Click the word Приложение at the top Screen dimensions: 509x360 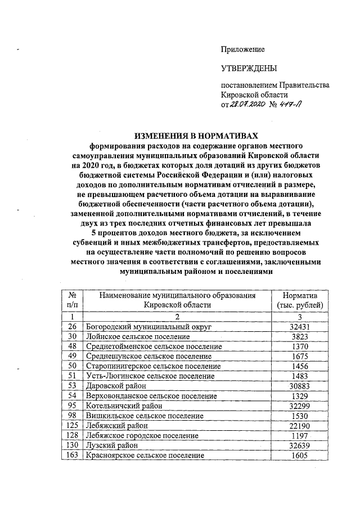[x=242, y=49]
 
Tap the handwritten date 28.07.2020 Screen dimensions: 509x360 [x=249, y=105]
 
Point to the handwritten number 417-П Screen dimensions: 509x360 [x=291, y=105]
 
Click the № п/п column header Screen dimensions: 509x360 [x=71, y=300]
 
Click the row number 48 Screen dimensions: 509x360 [x=71, y=346]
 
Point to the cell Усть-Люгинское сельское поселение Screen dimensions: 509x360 [x=150, y=376]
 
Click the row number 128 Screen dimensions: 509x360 [x=71, y=436]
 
